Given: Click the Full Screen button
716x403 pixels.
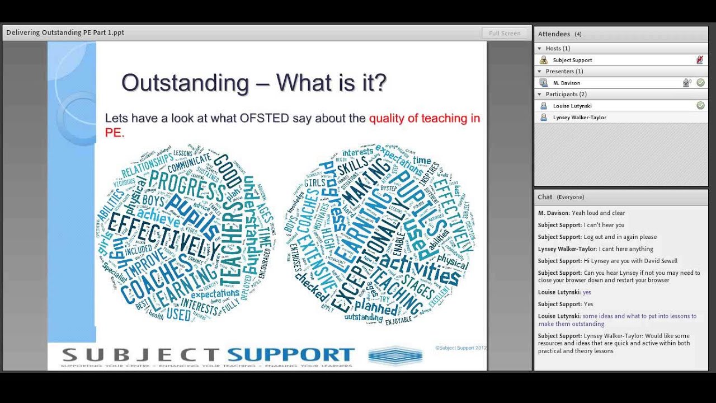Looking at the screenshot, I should pos(505,33).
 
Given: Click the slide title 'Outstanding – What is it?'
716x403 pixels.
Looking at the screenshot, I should pos(253,83).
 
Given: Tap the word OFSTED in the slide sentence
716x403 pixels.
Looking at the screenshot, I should pos(264,118).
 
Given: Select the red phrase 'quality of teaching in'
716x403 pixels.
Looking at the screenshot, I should pos(424,118).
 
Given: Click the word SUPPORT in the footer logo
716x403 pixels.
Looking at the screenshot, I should pos(291,354).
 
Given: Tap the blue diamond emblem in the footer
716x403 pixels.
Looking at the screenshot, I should pos(395,355).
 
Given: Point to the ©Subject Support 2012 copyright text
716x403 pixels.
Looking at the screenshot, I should pos(460,348).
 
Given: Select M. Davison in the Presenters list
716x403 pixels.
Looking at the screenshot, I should pos(566,83).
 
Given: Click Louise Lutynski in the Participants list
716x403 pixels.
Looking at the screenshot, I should pos(572,106).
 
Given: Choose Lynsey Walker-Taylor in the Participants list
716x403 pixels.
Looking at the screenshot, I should pos(580,118).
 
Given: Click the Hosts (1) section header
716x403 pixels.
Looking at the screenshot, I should pos(557,49).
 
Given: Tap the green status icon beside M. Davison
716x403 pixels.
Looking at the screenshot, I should pos(700,83).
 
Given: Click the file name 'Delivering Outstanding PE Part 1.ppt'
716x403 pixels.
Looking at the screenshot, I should pos(65,32).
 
